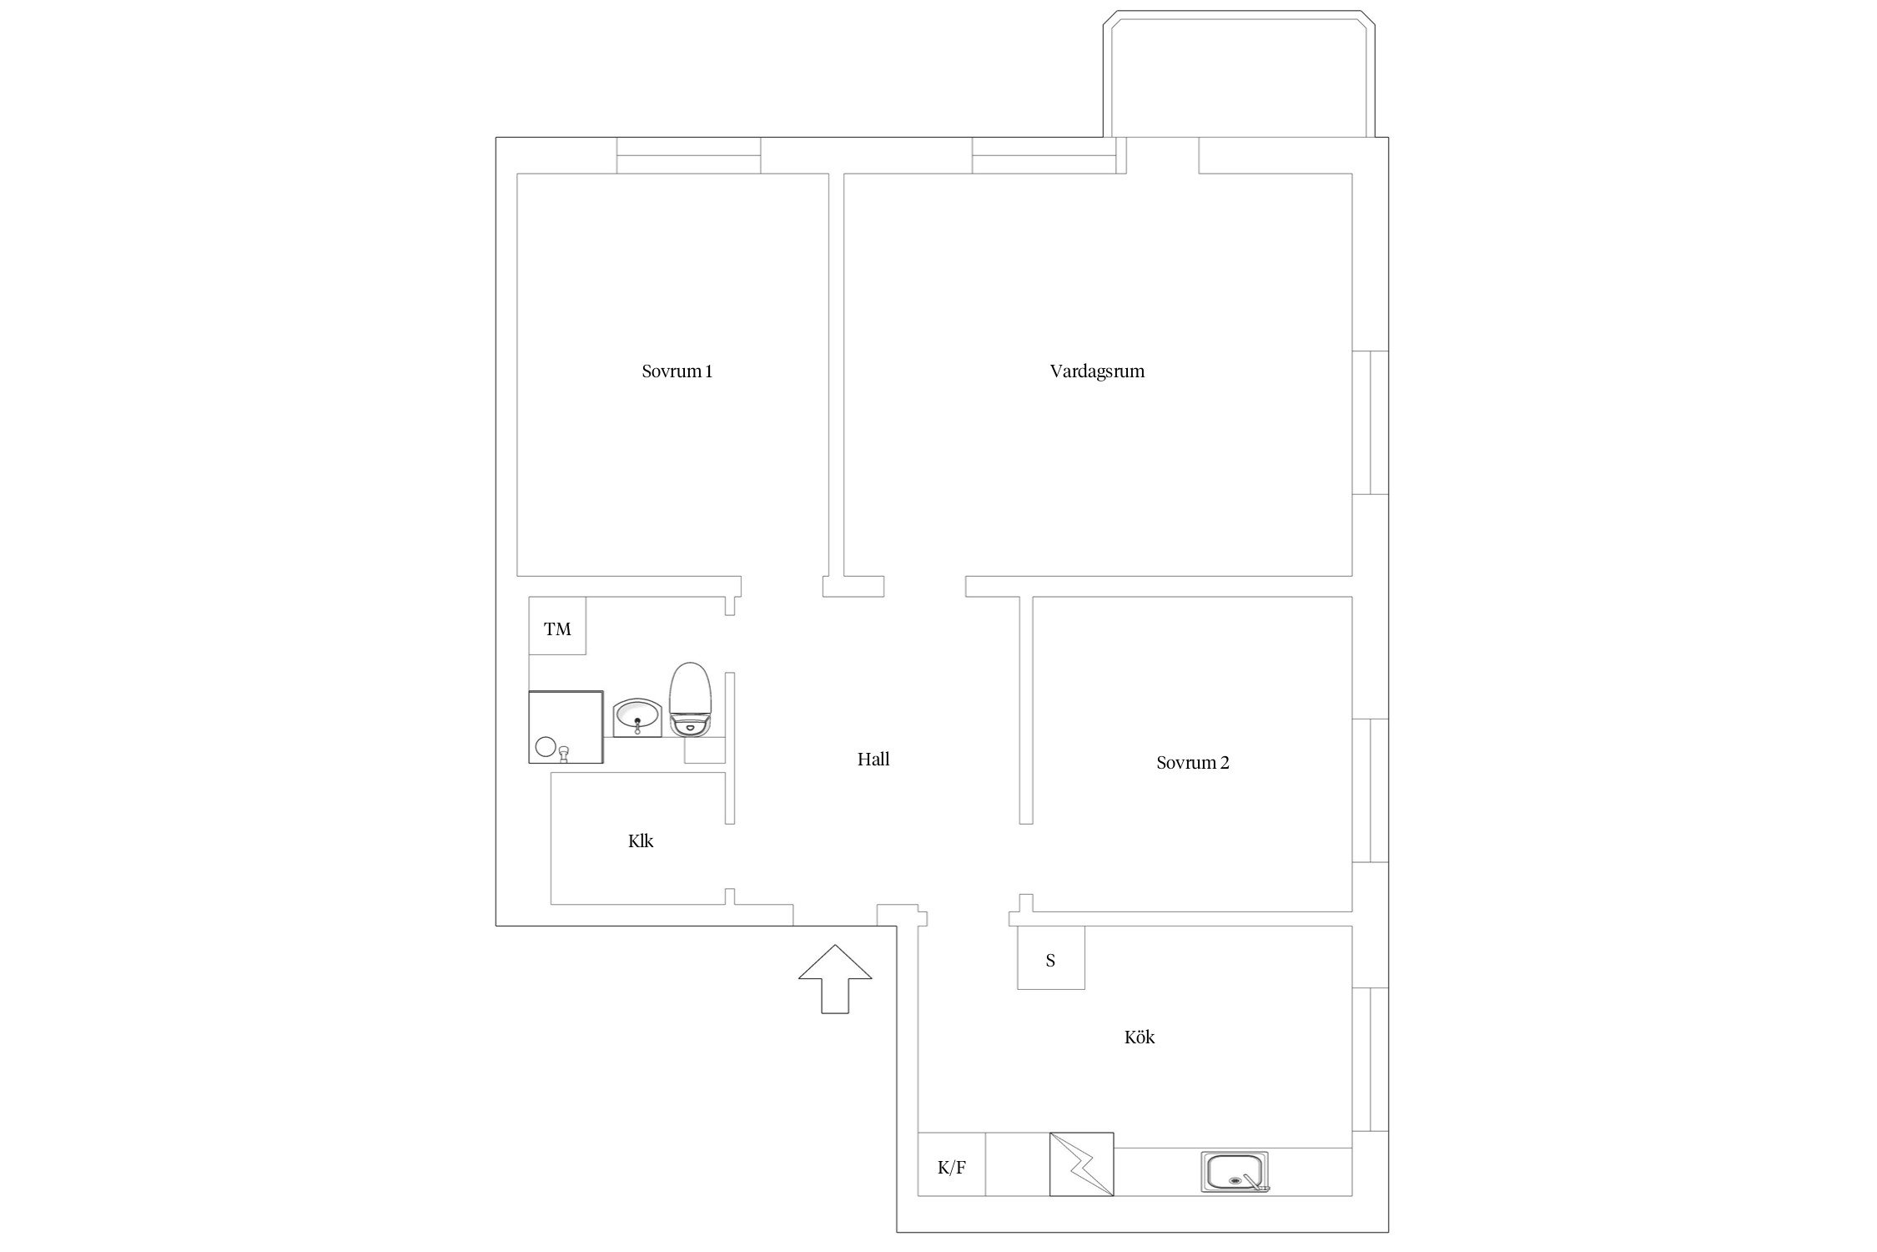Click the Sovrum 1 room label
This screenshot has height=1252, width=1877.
pyautogui.click(x=677, y=371)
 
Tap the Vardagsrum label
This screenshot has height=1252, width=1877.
pyautogui.click(x=1097, y=371)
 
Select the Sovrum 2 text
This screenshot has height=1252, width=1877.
pyautogui.click(x=1192, y=762)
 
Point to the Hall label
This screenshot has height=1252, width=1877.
pyautogui.click(x=873, y=759)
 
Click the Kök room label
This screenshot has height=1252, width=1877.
pyautogui.click(x=1140, y=1037)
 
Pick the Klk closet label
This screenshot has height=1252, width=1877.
pyautogui.click(x=641, y=841)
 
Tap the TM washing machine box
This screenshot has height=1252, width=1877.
pyautogui.click(x=557, y=626)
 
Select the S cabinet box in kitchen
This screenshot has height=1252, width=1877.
pyautogui.click(x=1051, y=957)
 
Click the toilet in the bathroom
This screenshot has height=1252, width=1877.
pyautogui.click(x=690, y=699)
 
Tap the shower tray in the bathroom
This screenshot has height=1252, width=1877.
pyautogui.click(x=566, y=727)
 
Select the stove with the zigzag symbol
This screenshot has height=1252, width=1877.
pyautogui.click(x=1082, y=1164)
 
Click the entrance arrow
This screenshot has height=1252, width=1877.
pyautogui.click(x=835, y=979)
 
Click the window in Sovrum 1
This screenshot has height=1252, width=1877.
pyautogui.click(x=689, y=155)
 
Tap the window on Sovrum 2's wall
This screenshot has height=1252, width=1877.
pyautogui.click(x=1371, y=790)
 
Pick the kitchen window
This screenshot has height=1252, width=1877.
pyautogui.click(x=1371, y=1060)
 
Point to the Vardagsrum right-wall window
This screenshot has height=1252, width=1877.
pyautogui.click(x=1371, y=422)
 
